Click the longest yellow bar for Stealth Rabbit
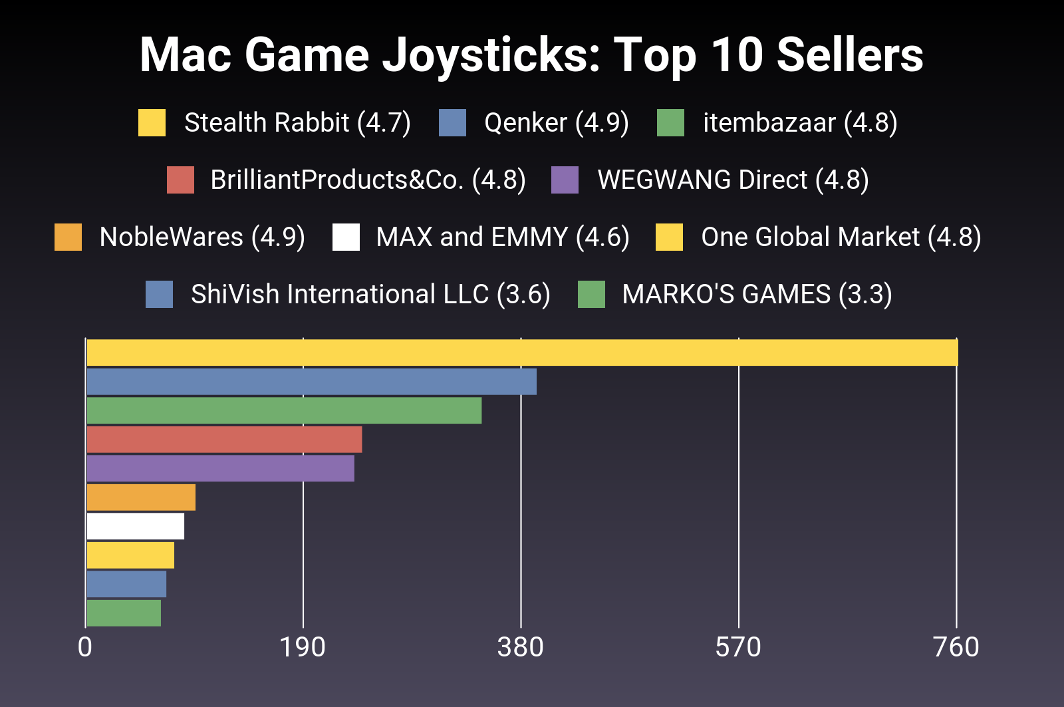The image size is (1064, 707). coord(522,353)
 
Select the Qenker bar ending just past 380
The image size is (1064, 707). coord(311,382)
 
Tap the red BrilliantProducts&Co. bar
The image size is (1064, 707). coord(224,440)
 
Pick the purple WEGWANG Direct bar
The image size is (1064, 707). coord(220,468)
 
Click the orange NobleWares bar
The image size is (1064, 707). coord(141,497)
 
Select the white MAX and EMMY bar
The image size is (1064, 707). coord(135,526)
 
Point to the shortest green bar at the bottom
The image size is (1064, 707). coord(124,613)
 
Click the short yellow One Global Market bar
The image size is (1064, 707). coord(130,555)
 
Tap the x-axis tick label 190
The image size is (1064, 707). coord(303,647)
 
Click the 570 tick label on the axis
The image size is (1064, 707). coord(738,647)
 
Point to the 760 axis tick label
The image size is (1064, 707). coord(956,647)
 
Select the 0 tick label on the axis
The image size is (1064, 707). coord(85,647)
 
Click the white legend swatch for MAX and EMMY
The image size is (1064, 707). coord(346,237)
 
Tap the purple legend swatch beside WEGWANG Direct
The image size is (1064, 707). coord(565,180)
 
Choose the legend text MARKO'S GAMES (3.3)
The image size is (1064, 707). coord(757,295)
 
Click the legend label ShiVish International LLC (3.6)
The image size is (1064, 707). coord(370,295)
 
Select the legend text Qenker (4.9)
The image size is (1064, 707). coord(556,123)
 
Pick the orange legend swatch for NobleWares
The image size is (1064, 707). coord(68,237)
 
